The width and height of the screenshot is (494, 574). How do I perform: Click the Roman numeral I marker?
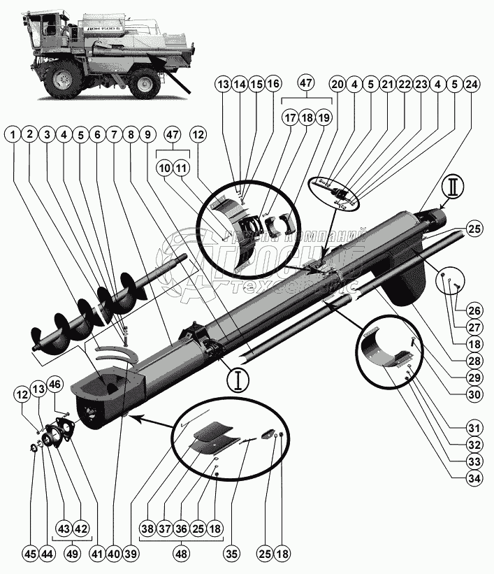tap(239, 380)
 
